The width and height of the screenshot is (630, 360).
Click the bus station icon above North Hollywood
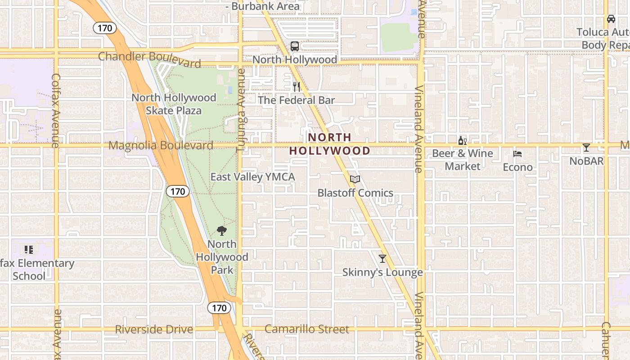tap(295, 46)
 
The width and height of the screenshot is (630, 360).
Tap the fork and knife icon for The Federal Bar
tap(297, 86)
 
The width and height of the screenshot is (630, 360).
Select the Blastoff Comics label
tap(355, 193)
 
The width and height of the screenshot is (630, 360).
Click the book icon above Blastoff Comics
tap(355, 180)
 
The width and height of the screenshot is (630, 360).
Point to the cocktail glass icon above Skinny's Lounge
tap(382, 259)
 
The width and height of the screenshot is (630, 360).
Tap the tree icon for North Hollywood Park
tap(221, 231)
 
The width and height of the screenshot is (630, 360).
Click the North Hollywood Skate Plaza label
tap(174, 104)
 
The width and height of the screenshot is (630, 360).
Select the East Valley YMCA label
tap(252, 177)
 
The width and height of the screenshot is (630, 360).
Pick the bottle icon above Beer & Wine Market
tap(462, 141)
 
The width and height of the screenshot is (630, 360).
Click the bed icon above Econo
tap(517, 154)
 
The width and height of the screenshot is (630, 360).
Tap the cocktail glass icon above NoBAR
tap(586, 148)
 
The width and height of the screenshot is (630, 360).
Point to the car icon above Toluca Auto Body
tap(611, 19)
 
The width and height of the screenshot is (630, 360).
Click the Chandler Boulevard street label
tap(149, 58)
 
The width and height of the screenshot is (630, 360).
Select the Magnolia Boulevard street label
tap(161, 145)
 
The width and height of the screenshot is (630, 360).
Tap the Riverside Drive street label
tap(154, 329)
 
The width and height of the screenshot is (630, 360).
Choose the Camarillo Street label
tap(306, 329)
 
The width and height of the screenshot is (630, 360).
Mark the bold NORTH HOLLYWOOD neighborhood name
tap(329, 144)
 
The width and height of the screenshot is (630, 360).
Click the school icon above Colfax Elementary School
tap(29, 249)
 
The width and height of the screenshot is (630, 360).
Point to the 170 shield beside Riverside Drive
tap(219, 308)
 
